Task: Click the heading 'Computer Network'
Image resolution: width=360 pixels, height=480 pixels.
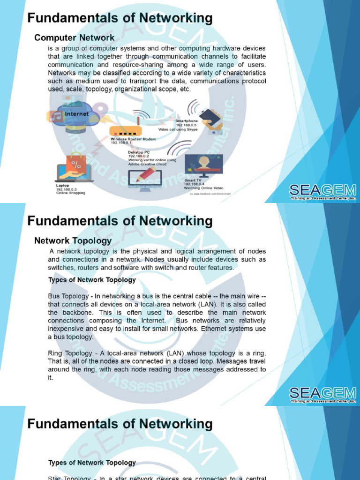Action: [75, 37]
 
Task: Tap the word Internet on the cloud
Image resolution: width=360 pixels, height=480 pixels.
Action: [76, 114]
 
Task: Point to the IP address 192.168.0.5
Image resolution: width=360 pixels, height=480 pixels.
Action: [185, 125]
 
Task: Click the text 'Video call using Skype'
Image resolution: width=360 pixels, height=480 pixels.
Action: [179, 129]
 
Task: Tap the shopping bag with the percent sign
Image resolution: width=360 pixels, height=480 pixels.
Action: [76, 164]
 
